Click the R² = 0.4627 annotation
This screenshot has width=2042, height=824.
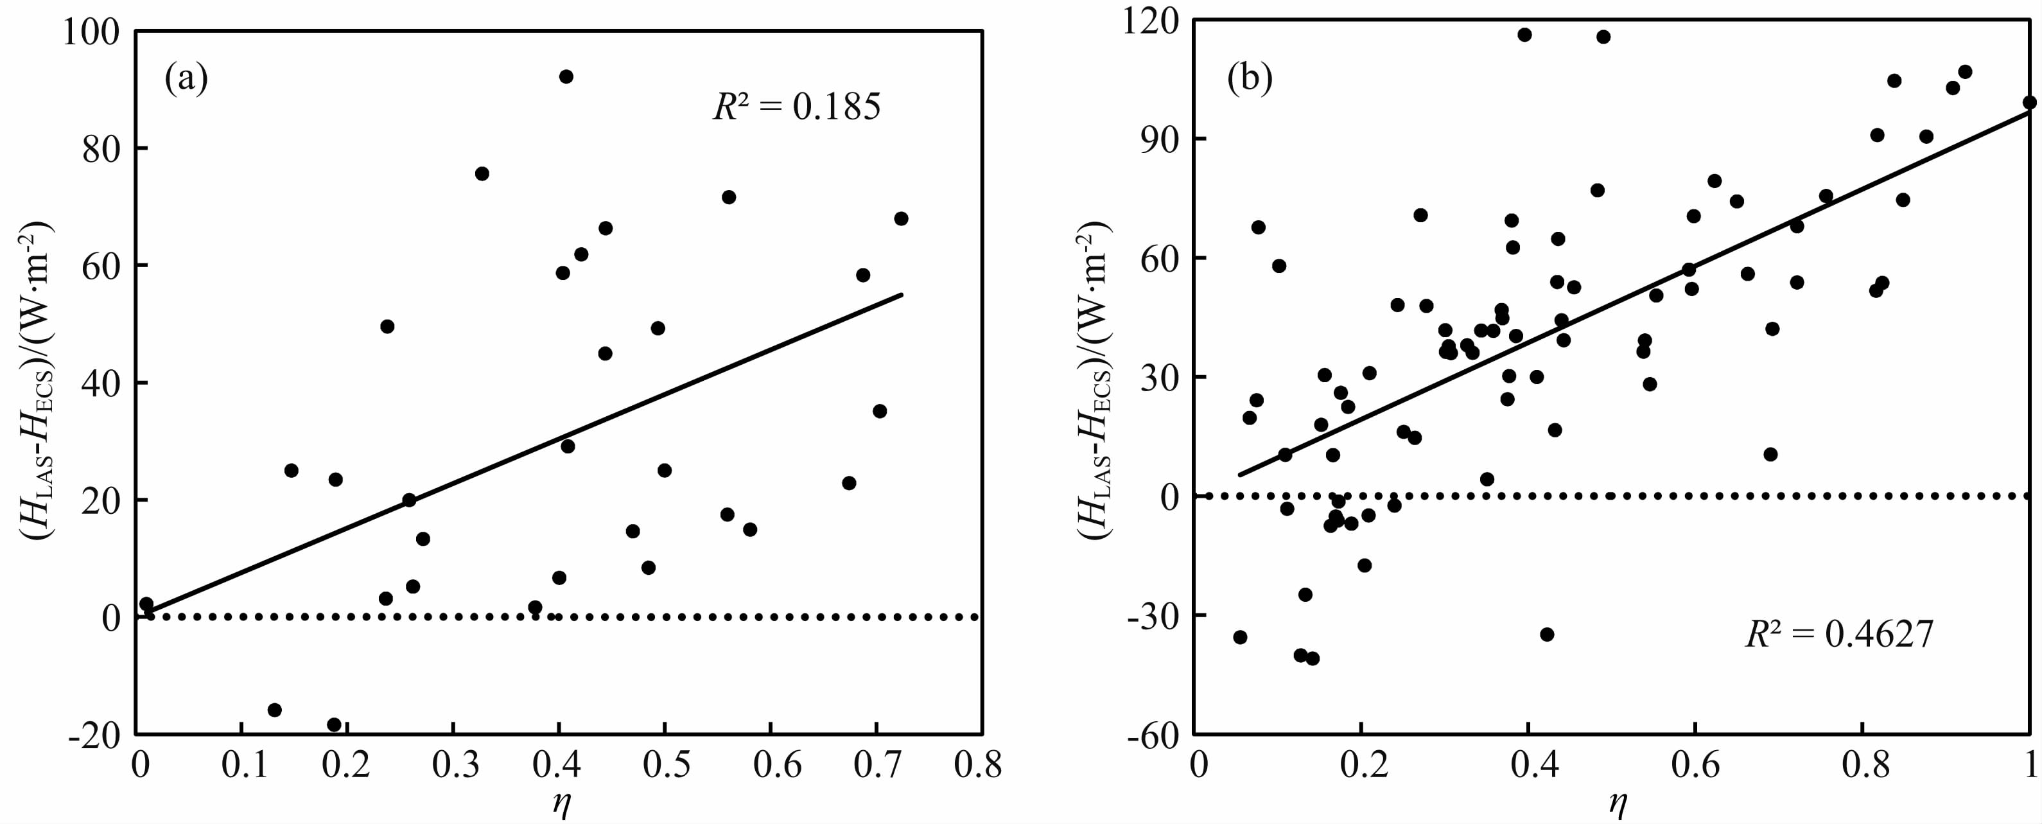pyautogui.click(x=1839, y=635)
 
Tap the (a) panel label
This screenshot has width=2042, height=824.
pyautogui.click(x=186, y=79)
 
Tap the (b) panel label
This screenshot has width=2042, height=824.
pyautogui.click(x=1250, y=79)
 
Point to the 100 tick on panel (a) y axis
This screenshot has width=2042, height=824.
pyautogui.click(x=94, y=33)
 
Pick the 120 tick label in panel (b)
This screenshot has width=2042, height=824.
pyautogui.click(x=1149, y=21)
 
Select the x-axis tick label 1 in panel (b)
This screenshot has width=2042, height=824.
pyautogui.click(x=2030, y=766)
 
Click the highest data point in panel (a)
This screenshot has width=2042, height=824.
pyautogui.click(x=566, y=77)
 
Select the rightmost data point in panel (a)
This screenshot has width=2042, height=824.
pyautogui.click(x=900, y=219)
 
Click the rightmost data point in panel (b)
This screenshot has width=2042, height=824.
pyautogui.click(x=2029, y=102)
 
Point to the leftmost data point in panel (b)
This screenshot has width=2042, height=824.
pyautogui.click(x=1240, y=637)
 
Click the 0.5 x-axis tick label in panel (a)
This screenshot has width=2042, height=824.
pyautogui.click(x=664, y=766)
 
